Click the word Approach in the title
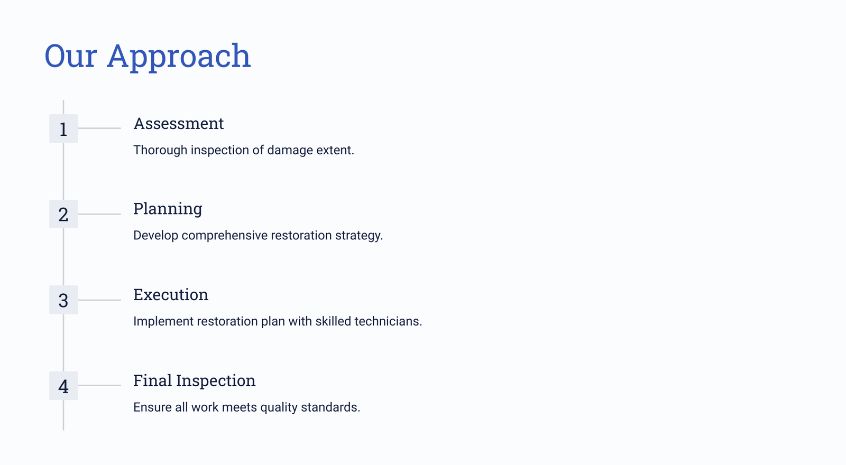click(x=179, y=57)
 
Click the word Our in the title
click(x=71, y=56)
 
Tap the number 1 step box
click(x=63, y=129)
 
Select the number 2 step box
click(x=63, y=214)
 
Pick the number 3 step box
click(x=63, y=300)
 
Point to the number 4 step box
click(x=63, y=386)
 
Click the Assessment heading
click(x=179, y=124)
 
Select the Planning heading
click(x=168, y=209)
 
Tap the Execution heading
click(x=171, y=295)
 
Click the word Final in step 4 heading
click(x=152, y=380)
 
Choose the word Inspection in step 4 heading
click(x=216, y=381)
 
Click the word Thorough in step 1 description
click(x=160, y=150)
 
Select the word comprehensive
click(x=225, y=236)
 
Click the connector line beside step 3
click(x=99, y=300)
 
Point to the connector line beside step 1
click(x=99, y=128)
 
